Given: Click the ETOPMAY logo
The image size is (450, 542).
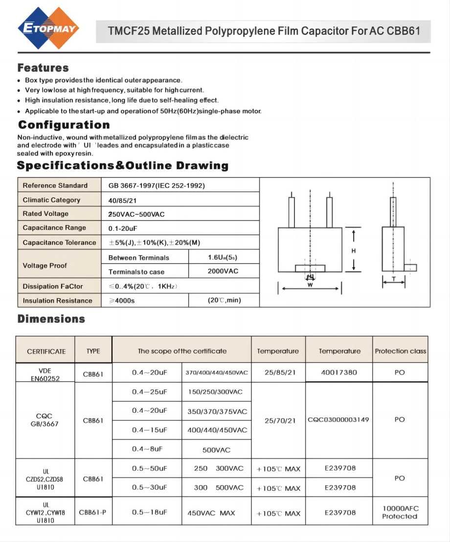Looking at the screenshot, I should tap(48, 28).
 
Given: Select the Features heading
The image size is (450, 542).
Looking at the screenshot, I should tap(43, 68).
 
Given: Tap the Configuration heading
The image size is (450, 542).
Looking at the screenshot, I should tap(64, 125).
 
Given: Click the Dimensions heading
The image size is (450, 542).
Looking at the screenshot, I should tap(51, 319).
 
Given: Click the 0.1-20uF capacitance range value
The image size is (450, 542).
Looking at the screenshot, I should tap(122, 228).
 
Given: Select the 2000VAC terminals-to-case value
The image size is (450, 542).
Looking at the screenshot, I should tap(223, 271).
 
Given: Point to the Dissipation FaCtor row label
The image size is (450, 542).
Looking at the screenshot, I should tap(53, 286).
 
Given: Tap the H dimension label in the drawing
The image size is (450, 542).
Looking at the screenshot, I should tap(354, 250).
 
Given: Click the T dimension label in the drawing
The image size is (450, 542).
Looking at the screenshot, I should tap(394, 278).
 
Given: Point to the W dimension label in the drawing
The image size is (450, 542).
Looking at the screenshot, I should tap(310, 285).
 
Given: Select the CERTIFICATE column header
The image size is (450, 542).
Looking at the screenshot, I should tap(46, 351).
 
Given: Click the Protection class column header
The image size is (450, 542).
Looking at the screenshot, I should tap(400, 351).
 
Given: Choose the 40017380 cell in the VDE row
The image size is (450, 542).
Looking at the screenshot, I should tap(339, 372).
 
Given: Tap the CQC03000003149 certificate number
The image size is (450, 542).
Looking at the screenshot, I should tap(338, 420).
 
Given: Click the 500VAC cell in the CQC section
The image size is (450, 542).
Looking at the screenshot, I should tap(216, 450).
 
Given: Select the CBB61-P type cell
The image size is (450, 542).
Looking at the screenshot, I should tap(92, 512).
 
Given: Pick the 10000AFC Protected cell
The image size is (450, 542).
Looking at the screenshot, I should tap(400, 512).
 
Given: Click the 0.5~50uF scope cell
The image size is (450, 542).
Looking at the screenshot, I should tap(150, 468).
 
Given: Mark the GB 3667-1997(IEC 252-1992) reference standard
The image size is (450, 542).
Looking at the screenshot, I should tap(157, 185).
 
